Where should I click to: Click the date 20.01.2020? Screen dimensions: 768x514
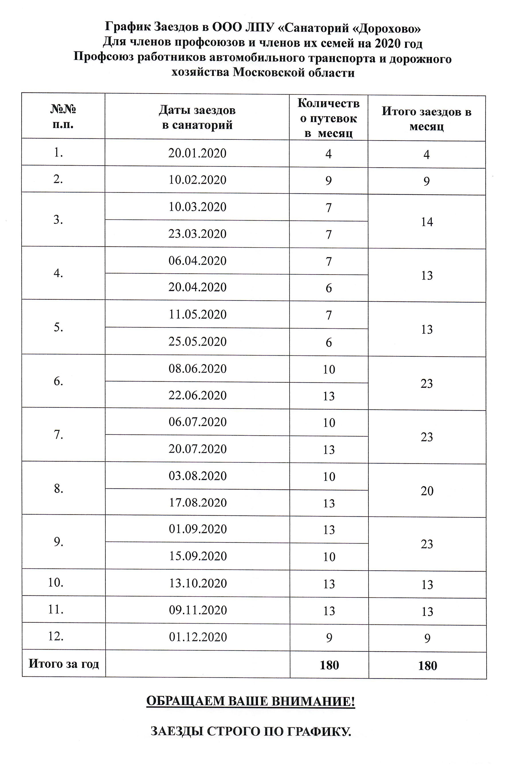tap(197, 153)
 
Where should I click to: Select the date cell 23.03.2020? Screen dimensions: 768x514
tap(197, 234)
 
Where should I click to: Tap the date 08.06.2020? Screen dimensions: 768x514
tap(198, 369)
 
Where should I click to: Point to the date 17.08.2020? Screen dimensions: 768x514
tap(198, 503)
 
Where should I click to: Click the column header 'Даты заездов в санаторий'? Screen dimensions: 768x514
tap(197, 117)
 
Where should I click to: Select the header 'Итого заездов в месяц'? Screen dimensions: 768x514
tap(426, 119)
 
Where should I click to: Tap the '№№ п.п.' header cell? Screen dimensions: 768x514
tap(63, 116)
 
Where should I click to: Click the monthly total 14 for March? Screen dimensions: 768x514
tap(427, 222)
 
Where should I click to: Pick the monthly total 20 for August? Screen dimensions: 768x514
tap(427, 491)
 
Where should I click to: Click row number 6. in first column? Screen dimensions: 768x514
tap(58, 381)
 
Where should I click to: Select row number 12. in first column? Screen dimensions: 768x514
tap(56, 636)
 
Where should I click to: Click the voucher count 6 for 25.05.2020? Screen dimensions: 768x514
tap(329, 342)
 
